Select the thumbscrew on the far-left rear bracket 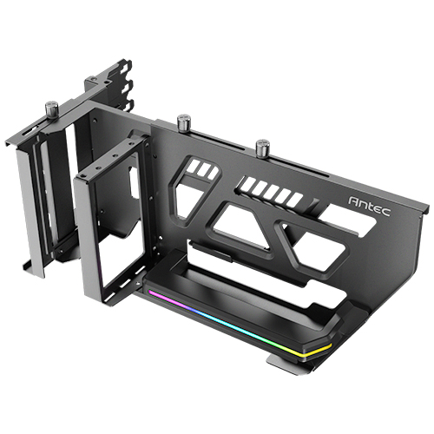(51, 108)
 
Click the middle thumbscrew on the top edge (183, 121)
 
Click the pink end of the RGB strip (155, 293)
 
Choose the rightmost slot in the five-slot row (295, 200)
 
